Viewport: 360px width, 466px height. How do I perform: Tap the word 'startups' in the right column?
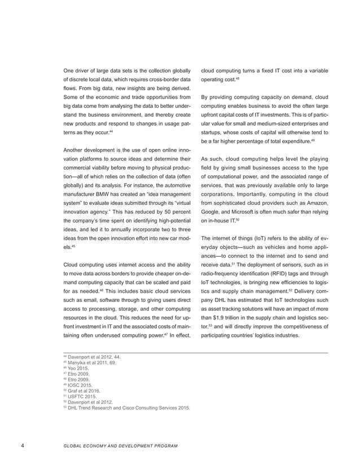pyautogui.click(x=212, y=130)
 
